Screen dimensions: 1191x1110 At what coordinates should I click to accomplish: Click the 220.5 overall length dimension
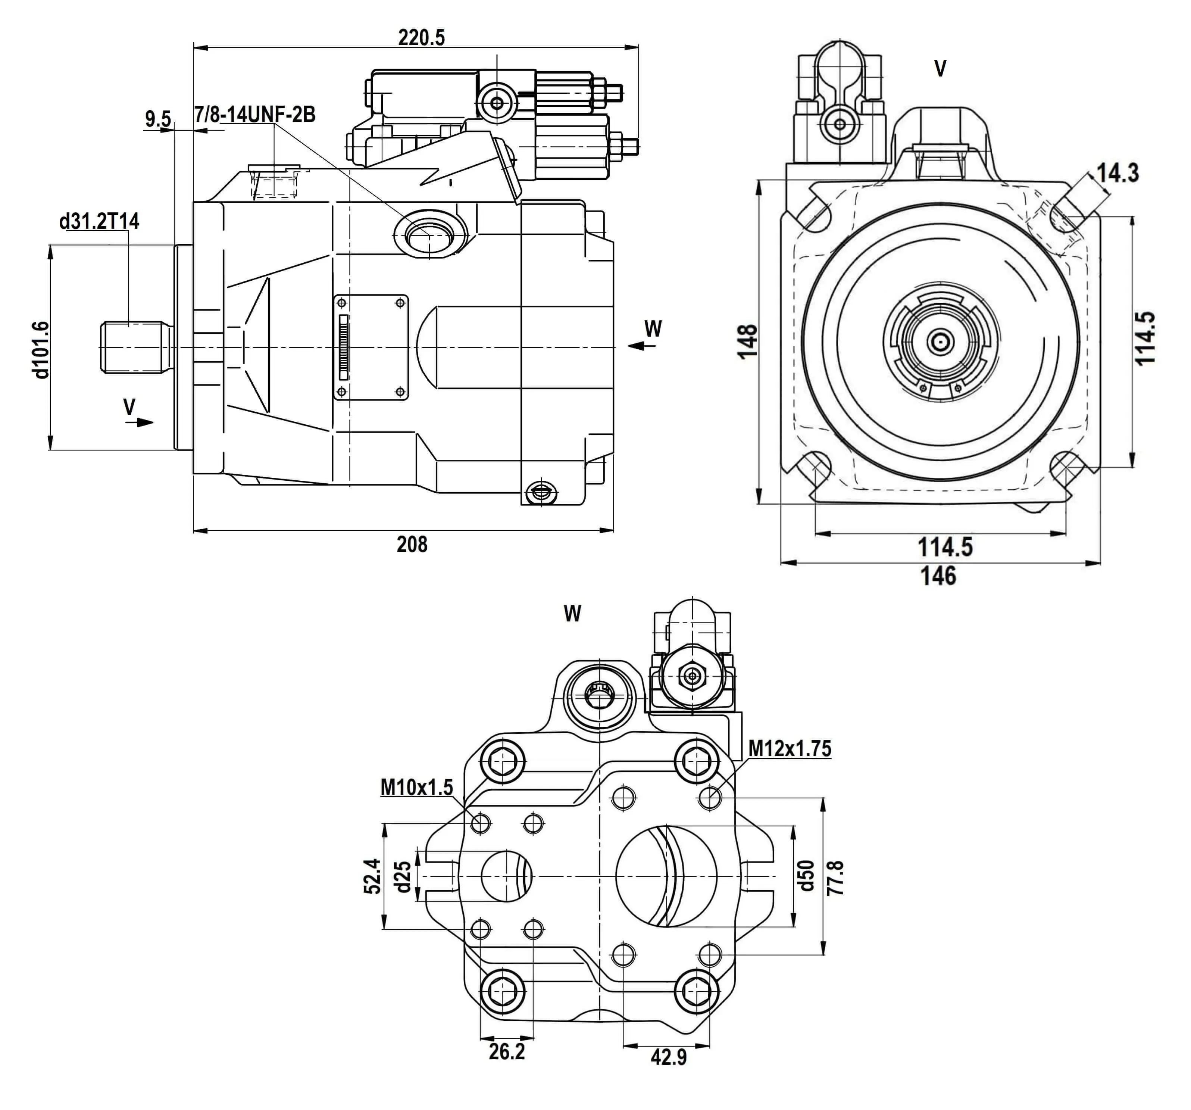click(421, 38)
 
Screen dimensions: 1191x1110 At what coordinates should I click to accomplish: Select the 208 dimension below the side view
click(412, 544)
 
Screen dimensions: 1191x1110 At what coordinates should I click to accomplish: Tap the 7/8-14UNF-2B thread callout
click(254, 115)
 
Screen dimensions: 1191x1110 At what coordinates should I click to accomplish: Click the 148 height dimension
click(748, 341)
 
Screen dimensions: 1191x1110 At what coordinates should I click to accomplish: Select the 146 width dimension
click(938, 576)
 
